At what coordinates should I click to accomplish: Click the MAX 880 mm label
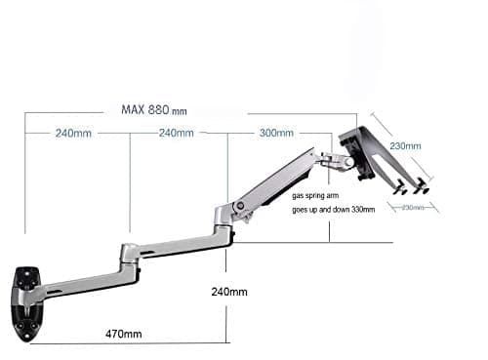click(154, 109)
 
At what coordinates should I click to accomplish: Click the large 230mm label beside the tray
click(405, 146)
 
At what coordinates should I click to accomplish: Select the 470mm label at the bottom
click(125, 334)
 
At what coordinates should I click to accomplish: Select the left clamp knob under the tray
click(399, 192)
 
